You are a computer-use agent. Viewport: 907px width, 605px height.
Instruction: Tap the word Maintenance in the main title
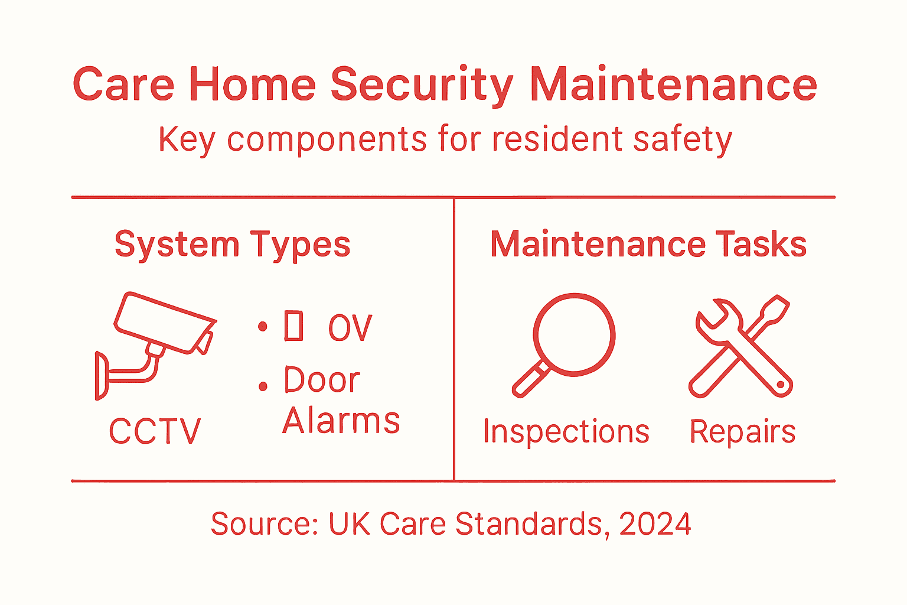click(673, 84)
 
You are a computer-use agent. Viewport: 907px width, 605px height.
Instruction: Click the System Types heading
click(232, 245)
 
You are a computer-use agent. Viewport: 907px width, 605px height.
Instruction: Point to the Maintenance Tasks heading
click(648, 245)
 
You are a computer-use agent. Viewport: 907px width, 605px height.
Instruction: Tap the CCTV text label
click(155, 431)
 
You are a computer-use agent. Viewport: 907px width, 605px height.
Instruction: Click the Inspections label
click(566, 431)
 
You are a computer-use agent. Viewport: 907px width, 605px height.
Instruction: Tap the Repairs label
click(742, 431)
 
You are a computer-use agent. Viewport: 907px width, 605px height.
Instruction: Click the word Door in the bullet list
click(322, 380)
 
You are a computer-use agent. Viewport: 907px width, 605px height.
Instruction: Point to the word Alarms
click(341, 421)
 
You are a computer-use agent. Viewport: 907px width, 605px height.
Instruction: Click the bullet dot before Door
click(263, 387)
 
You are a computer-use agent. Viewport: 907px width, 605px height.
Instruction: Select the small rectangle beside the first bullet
click(294, 326)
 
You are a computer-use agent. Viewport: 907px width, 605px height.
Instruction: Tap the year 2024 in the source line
click(655, 524)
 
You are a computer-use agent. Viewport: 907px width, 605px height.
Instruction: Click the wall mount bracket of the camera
click(102, 376)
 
